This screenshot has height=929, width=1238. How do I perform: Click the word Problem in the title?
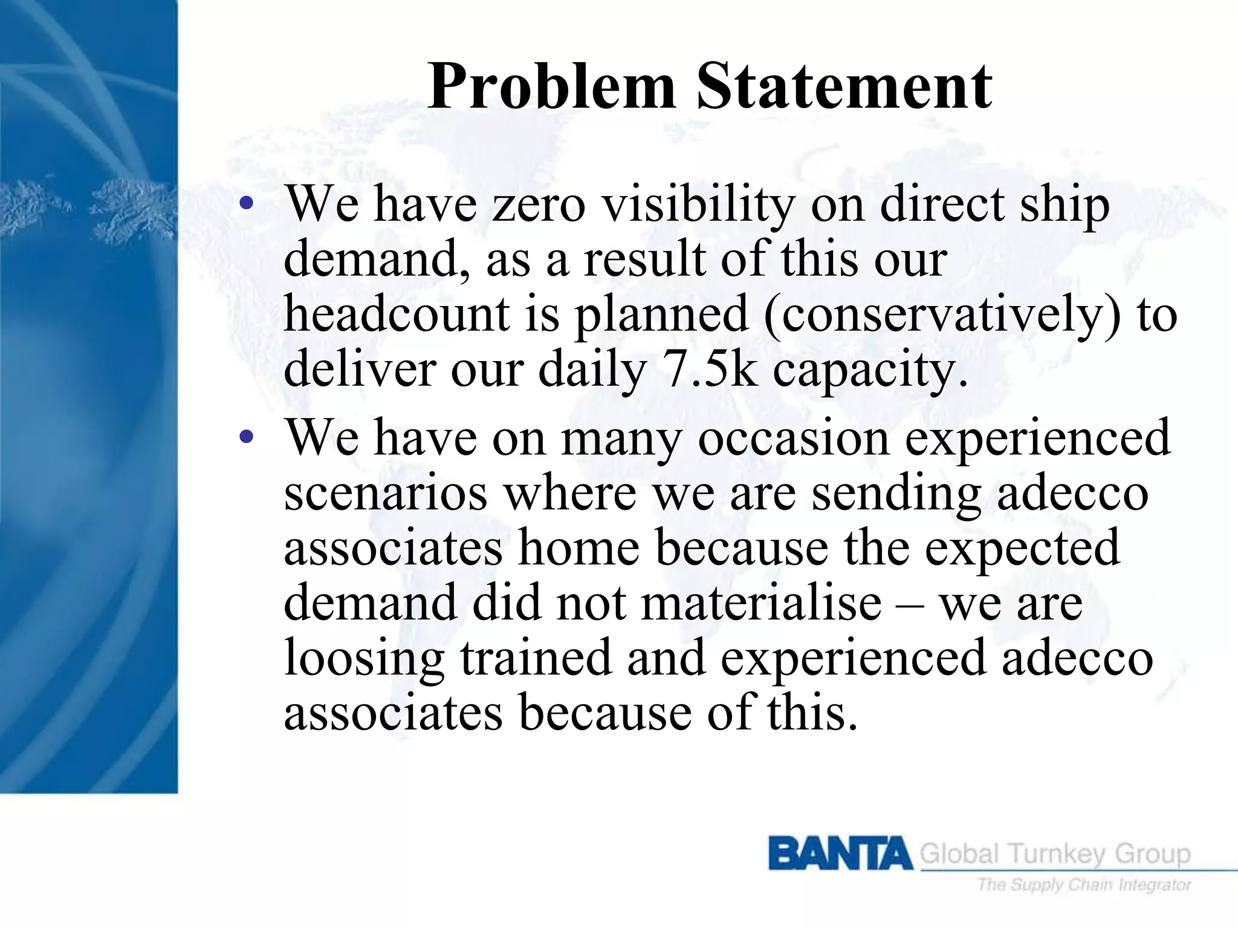pos(551,88)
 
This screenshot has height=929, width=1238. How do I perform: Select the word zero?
pos(539,204)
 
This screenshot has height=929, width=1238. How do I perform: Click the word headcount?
pos(396,315)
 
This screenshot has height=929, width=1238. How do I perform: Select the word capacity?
pos(869,370)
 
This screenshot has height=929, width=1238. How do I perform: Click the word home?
pos(579,547)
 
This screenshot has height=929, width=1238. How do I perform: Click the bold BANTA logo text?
pos(840,853)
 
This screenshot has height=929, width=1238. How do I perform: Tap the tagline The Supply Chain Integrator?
pos(1084,885)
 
